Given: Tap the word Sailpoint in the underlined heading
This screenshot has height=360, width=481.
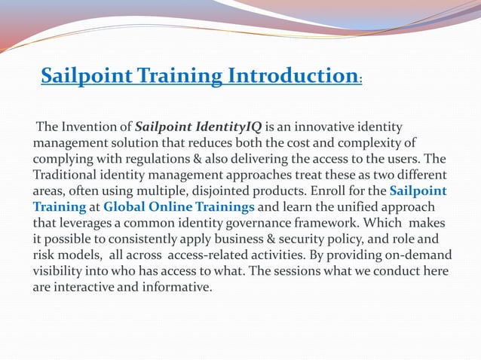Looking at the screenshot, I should (x=85, y=77).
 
